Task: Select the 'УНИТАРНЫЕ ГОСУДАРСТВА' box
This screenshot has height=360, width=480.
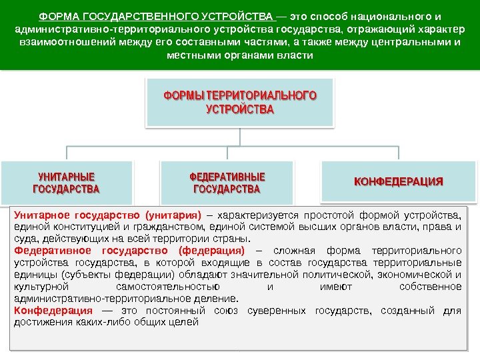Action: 66,183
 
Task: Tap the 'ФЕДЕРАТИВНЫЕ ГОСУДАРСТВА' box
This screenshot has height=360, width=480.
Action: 227,183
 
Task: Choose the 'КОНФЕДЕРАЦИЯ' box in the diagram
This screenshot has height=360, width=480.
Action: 399,181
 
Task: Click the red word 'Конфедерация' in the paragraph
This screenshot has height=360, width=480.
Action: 53,311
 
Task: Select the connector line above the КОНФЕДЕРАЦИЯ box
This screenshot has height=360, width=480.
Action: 399,154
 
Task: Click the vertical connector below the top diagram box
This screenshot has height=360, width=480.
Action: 227,137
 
